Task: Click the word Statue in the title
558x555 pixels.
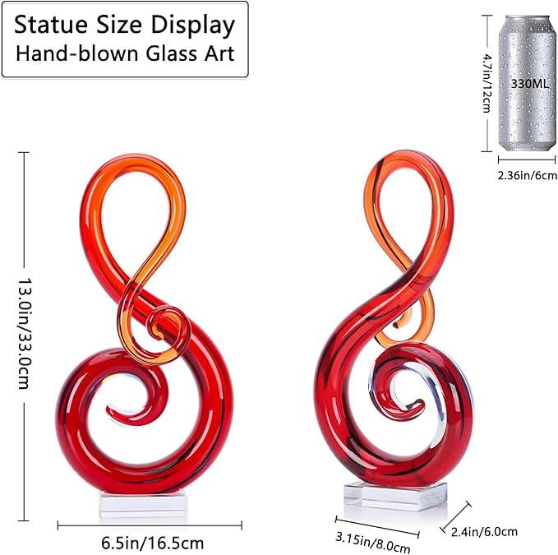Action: click(x=51, y=25)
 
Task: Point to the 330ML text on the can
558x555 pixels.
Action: click(x=530, y=84)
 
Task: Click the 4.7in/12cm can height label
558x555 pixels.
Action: click(x=486, y=83)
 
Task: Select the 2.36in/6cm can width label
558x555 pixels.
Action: click(x=527, y=175)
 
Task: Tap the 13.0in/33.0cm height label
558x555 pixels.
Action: click(x=24, y=333)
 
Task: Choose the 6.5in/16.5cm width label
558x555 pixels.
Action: click(x=152, y=543)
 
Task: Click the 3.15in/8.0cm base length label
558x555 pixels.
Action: click(x=372, y=542)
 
